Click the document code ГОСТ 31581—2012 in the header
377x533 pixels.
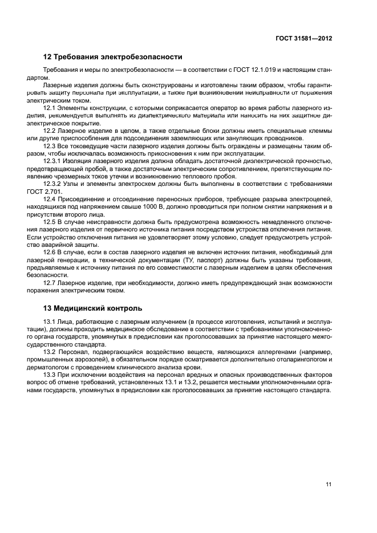(x=302, y=38)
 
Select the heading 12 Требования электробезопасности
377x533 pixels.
(x=113, y=57)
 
